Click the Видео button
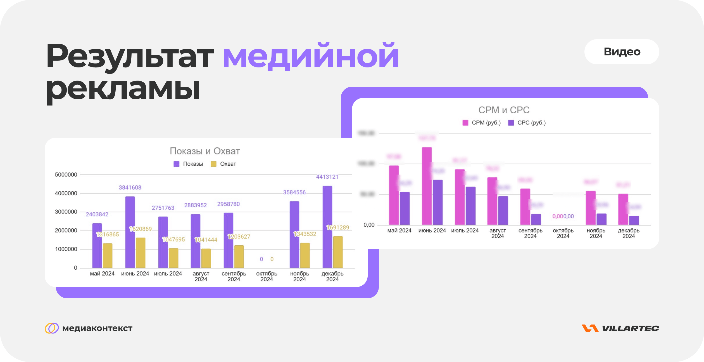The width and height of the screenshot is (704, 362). [x=622, y=52]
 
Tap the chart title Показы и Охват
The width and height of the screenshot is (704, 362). [x=205, y=151]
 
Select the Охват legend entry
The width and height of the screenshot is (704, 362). [x=223, y=164]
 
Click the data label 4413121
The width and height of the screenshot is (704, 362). [x=327, y=177]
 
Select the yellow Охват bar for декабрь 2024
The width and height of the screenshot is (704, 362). [x=338, y=252]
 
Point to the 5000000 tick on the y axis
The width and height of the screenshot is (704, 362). [x=66, y=175]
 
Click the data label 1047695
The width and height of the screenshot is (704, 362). [x=173, y=239]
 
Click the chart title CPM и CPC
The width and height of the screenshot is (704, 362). [x=504, y=110]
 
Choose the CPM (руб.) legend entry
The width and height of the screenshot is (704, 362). [x=482, y=123]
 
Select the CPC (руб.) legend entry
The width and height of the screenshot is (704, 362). [x=527, y=123]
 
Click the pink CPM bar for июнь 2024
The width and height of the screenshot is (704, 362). [x=427, y=186]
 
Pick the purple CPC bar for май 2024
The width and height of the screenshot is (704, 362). [x=405, y=208]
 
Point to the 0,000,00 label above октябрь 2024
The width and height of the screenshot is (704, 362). [x=563, y=216]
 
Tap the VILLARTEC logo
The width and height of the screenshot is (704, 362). [x=620, y=328]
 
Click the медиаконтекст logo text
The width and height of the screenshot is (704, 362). [x=97, y=328]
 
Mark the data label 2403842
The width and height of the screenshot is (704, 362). [x=97, y=214]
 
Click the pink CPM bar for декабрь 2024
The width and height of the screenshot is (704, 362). [x=623, y=209]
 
